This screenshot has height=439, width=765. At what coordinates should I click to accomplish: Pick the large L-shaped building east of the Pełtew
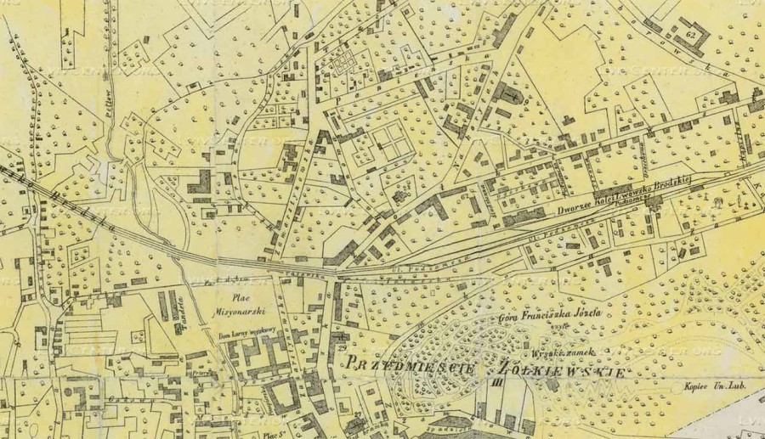202,180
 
